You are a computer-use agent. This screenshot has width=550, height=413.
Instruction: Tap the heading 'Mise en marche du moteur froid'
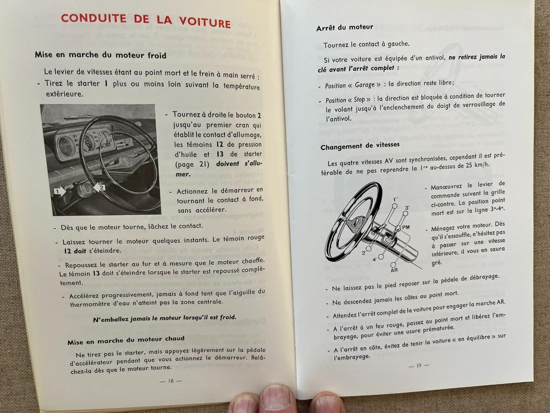[x=101, y=55]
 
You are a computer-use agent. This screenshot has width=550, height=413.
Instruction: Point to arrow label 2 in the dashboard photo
[x=101, y=188]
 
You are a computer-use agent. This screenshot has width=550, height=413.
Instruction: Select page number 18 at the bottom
[x=171, y=381]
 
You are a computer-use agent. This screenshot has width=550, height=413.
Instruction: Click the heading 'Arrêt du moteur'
[x=345, y=28]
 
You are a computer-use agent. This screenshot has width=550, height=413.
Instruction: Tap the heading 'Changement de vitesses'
[x=360, y=146]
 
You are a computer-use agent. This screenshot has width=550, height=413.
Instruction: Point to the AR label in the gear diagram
[x=394, y=270]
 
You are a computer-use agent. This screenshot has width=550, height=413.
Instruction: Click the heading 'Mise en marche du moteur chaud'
[x=126, y=340]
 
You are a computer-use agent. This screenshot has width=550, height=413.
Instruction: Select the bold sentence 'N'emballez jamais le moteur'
[x=165, y=318]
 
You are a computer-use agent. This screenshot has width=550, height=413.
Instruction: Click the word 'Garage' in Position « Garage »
[x=364, y=85]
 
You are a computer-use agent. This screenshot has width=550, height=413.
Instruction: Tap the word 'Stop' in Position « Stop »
[x=359, y=100]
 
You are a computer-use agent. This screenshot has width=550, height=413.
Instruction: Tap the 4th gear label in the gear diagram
[x=375, y=259]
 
